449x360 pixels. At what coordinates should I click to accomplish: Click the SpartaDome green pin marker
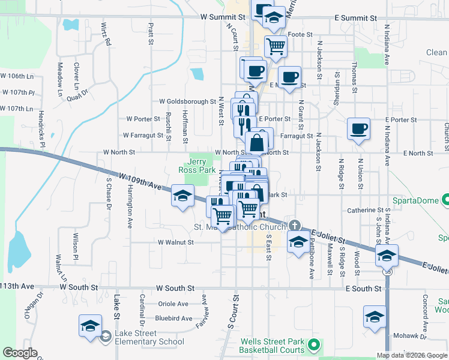(x=445, y=200)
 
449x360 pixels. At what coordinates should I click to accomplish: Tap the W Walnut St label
(x=175, y=242)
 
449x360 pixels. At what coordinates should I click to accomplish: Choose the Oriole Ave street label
(x=173, y=304)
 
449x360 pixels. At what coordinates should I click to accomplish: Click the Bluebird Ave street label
(x=173, y=319)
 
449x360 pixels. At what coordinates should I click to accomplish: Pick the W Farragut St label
(x=143, y=136)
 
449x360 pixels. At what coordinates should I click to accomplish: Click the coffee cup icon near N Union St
(x=359, y=129)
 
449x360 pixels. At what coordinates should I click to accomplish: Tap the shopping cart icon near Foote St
(x=276, y=46)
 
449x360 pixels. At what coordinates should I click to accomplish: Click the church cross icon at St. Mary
(x=294, y=224)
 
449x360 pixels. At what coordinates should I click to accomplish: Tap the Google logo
(x=20, y=353)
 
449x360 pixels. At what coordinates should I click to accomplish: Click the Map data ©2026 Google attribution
(x=412, y=355)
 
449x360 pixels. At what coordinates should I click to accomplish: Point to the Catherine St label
(x=365, y=211)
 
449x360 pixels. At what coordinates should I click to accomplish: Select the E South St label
(x=364, y=289)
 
